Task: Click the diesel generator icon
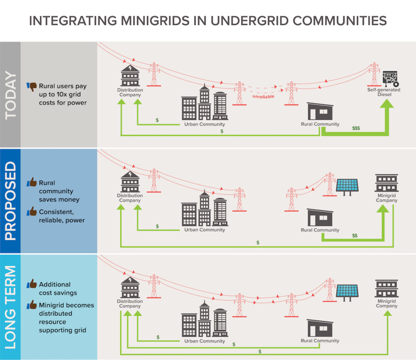[390, 78]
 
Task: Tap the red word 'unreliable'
[263, 97]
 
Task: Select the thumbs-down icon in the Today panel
[32, 87]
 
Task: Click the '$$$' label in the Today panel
[356, 128]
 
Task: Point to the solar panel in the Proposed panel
[347, 187]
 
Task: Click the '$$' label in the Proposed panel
[355, 235]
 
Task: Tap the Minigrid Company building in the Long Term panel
[387, 289]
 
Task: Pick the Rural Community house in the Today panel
[320, 111]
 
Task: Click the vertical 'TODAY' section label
[11, 95]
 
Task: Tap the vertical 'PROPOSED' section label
[11, 200]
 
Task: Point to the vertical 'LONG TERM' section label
[11, 307]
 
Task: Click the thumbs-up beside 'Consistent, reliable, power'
[32, 211]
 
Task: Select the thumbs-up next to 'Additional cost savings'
[32, 284]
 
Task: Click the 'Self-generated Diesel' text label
[384, 92]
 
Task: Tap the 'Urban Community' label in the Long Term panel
[205, 341]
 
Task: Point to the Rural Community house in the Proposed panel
[320, 217]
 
